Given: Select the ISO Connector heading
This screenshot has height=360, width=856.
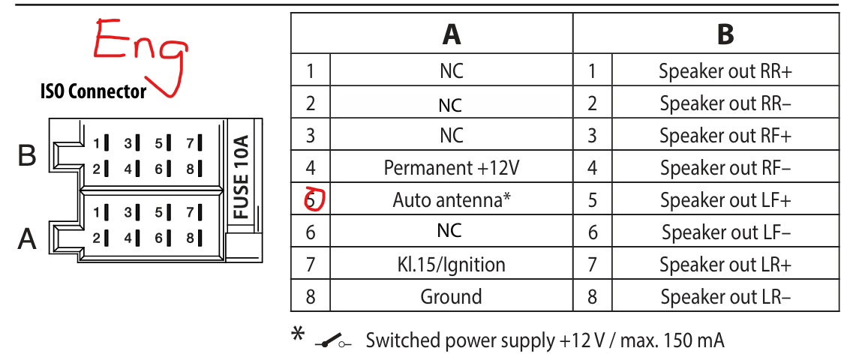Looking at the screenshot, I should (93, 91).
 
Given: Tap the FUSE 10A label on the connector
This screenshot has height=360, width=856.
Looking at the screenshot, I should (241, 177).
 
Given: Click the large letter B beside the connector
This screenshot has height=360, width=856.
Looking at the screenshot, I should (27, 156).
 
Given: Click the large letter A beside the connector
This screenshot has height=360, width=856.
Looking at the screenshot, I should (27, 239).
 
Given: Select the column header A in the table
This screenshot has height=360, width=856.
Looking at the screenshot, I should (451, 34).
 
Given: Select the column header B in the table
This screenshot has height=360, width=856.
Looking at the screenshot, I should (725, 34).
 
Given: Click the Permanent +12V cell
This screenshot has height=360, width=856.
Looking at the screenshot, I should (451, 168).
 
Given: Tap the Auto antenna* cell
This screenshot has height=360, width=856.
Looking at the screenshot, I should (451, 200).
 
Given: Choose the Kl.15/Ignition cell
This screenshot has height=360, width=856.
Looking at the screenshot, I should (451, 265).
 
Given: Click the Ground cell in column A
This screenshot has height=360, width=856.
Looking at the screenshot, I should (451, 297).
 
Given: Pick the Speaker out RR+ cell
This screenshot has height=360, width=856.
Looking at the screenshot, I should (725, 71).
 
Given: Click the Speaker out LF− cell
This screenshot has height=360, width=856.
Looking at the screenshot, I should (725, 232).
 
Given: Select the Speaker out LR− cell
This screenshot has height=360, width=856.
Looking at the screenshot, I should (725, 297).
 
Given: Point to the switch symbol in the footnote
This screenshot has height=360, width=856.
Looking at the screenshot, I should (334, 342).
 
